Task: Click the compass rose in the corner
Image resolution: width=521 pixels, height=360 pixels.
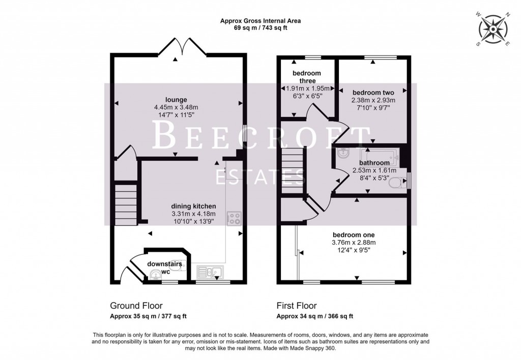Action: [x=493, y=29]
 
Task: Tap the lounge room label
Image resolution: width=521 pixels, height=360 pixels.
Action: [x=176, y=100]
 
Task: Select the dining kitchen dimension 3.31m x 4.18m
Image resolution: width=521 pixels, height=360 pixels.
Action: [x=193, y=214]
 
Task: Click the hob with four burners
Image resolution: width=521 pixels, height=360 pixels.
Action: [x=234, y=218]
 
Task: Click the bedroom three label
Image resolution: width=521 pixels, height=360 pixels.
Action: [x=307, y=77]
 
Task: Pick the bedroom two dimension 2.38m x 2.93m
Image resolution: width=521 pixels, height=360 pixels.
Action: [x=373, y=100]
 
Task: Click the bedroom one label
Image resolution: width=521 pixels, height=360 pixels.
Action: [x=354, y=235]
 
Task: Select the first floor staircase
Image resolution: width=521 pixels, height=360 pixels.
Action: [x=293, y=170]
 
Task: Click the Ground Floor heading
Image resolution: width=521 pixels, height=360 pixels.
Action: [x=136, y=306]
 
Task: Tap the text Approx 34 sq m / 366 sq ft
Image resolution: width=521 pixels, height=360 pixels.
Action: [x=314, y=316]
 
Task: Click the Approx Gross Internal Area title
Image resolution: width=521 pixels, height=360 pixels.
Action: [x=260, y=21]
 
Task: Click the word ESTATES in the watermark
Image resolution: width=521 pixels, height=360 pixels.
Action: [x=260, y=176]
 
